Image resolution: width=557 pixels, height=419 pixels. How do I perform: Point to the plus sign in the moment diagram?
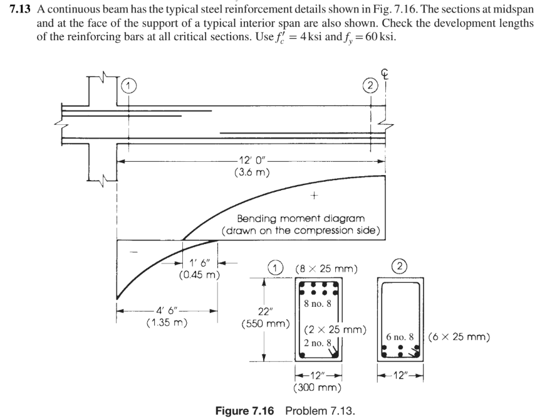coord(311,196)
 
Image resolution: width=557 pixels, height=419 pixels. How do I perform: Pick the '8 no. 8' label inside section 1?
coord(317,304)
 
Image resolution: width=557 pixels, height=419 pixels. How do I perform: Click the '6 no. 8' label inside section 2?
coord(402,337)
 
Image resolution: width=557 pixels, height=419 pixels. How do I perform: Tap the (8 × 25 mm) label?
coord(326,269)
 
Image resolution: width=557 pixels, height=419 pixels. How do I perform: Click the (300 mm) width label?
coord(317,388)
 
